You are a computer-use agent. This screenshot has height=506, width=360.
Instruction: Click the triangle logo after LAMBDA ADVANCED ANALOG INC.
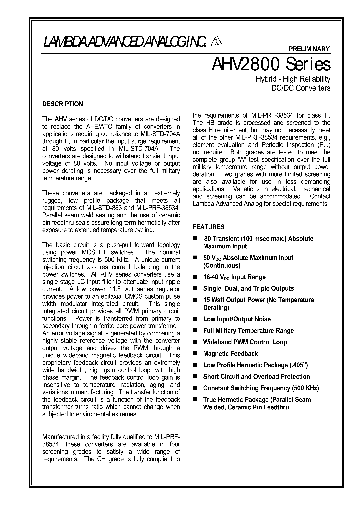click(216, 41)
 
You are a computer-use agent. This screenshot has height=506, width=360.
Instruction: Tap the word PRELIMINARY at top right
click(310, 49)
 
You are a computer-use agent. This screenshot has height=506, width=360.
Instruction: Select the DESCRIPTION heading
click(63, 104)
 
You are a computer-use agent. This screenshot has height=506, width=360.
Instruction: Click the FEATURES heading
click(209, 227)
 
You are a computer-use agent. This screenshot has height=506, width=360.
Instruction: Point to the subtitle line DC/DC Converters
click(300, 88)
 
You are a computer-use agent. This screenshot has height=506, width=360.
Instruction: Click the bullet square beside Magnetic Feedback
click(195, 354)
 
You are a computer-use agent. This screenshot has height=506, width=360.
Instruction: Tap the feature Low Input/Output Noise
click(237, 319)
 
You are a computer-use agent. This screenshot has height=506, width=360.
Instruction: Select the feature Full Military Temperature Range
click(248, 330)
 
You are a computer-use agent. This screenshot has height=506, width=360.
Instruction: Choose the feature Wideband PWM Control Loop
click(245, 342)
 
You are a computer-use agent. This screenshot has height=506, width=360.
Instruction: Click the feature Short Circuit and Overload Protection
click(256, 377)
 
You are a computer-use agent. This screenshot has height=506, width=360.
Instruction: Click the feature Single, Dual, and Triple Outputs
click(248, 288)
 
